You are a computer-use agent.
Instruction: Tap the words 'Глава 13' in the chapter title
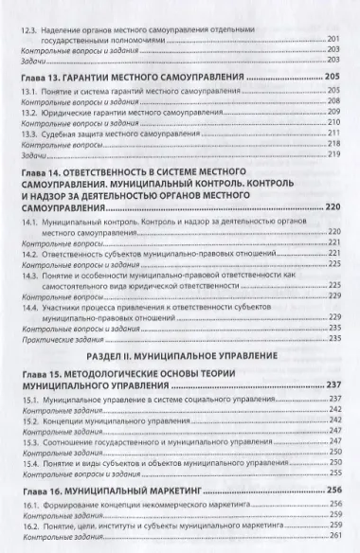(45, 73)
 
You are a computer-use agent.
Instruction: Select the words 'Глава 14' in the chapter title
(45, 172)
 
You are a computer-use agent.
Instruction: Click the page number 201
(333, 39)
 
